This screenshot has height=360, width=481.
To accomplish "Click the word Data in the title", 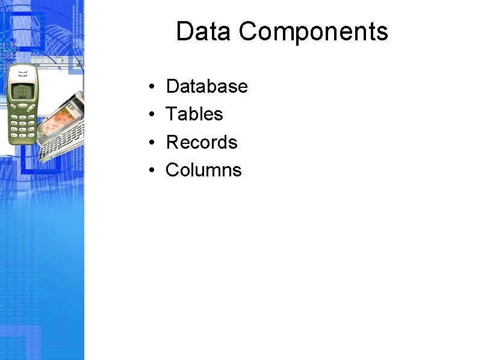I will [203, 32].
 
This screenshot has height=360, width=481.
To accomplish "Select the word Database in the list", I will [206, 87].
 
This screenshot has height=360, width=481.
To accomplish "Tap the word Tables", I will [194, 114].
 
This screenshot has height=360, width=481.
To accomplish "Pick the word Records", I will [202, 143].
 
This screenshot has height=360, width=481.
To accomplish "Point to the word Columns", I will [203, 170].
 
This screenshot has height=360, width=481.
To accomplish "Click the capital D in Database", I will [172, 87].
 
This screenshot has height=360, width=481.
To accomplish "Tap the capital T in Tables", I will [171, 114].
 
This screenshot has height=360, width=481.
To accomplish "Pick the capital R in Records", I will [172, 143].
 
